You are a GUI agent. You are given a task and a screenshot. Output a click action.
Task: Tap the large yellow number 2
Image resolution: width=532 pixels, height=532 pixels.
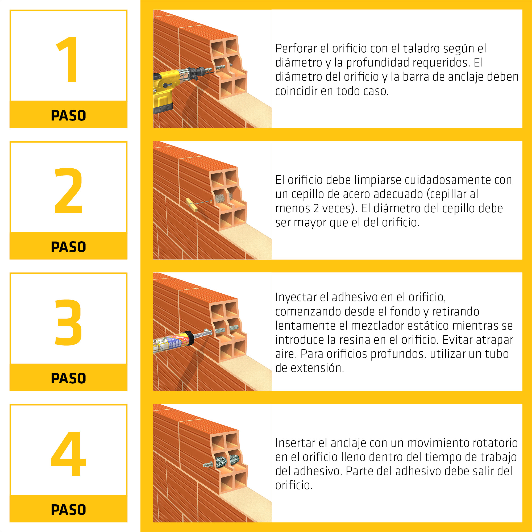pyautogui.click(x=68, y=190)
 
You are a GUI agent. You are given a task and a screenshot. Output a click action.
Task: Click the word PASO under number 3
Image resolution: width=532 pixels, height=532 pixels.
pyautogui.click(x=68, y=378)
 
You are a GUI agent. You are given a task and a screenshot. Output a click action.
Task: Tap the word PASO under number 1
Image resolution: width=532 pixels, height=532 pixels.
pyautogui.click(x=68, y=115)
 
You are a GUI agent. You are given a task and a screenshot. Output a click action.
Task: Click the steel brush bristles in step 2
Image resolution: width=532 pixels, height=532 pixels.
pyautogui.click(x=220, y=198)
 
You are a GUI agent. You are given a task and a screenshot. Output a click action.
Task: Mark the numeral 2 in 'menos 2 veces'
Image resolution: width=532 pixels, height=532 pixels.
pyautogui.click(x=316, y=209)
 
